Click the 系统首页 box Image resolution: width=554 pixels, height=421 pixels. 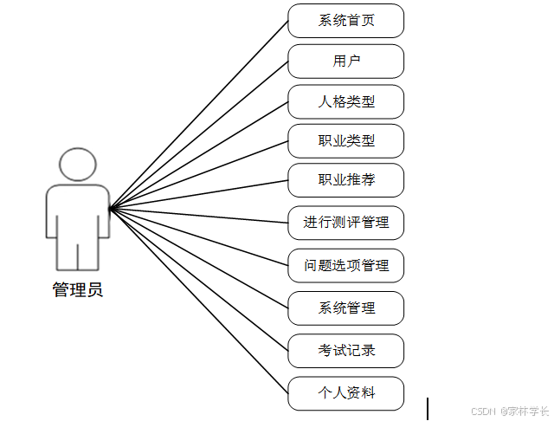click(346, 21)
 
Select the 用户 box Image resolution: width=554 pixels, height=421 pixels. click(346, 62)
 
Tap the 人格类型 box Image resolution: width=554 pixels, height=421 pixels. click(346, 102)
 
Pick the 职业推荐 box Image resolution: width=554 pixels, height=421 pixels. click(346, 181)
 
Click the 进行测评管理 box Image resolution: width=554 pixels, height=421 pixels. click(346, 223)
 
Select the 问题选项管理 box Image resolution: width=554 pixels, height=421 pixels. click(346, 265)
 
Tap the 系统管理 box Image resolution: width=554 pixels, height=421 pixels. click(346, 308)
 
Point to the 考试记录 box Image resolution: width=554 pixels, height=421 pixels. click(346, 351)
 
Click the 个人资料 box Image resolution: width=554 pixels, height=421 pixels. click(346, 393)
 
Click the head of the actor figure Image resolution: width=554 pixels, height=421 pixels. click(78, 165)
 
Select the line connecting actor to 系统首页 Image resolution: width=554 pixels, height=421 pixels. click(199, 114)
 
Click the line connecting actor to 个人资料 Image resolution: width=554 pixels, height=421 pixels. click(199, 301)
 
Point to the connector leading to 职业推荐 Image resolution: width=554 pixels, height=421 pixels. click(199, 195)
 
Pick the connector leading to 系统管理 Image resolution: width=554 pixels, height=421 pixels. click(199, 258)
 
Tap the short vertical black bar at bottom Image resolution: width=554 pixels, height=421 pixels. click(427, 408)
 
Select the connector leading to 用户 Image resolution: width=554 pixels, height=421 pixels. click(199, 134)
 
